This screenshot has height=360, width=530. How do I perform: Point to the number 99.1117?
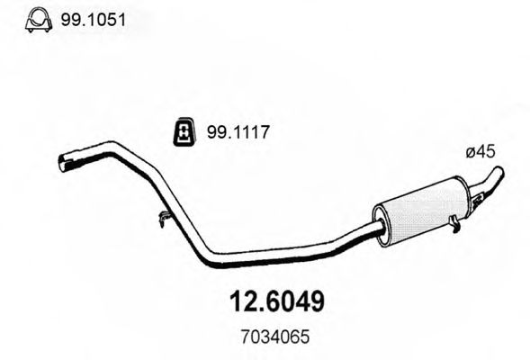(x=239, y=134)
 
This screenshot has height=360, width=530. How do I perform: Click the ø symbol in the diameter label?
(x=471, y=154)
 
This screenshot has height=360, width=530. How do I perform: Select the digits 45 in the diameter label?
(x=486, y=154)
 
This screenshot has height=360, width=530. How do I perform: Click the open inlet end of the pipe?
(x=65, y=164)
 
